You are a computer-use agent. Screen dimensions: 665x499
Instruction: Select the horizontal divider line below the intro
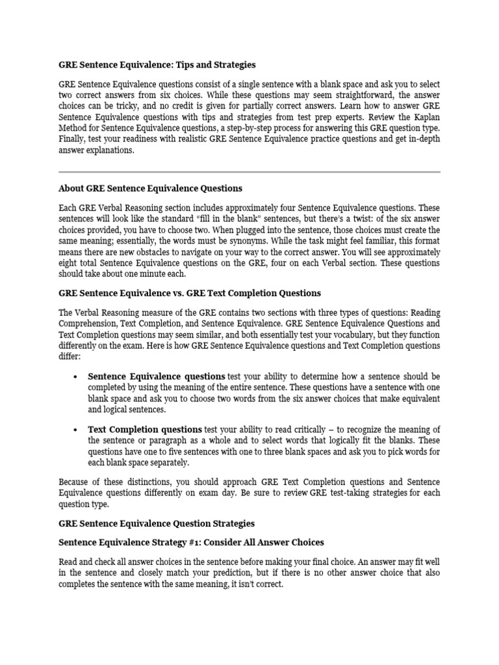click(x=249, y=172)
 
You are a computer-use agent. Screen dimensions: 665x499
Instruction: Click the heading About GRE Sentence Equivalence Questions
click(x=150, y=188)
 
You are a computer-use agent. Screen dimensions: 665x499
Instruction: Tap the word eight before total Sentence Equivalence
click(x=70, y=262)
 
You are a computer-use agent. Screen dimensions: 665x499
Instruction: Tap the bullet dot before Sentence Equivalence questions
click(x=77, y=377)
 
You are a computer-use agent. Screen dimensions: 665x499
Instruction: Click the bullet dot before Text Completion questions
click(x=77, y=430)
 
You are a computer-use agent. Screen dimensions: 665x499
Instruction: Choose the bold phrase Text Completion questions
click(x=144, y=429)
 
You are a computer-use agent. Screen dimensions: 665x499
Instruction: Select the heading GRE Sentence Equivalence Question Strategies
click(x=157, y=523)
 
